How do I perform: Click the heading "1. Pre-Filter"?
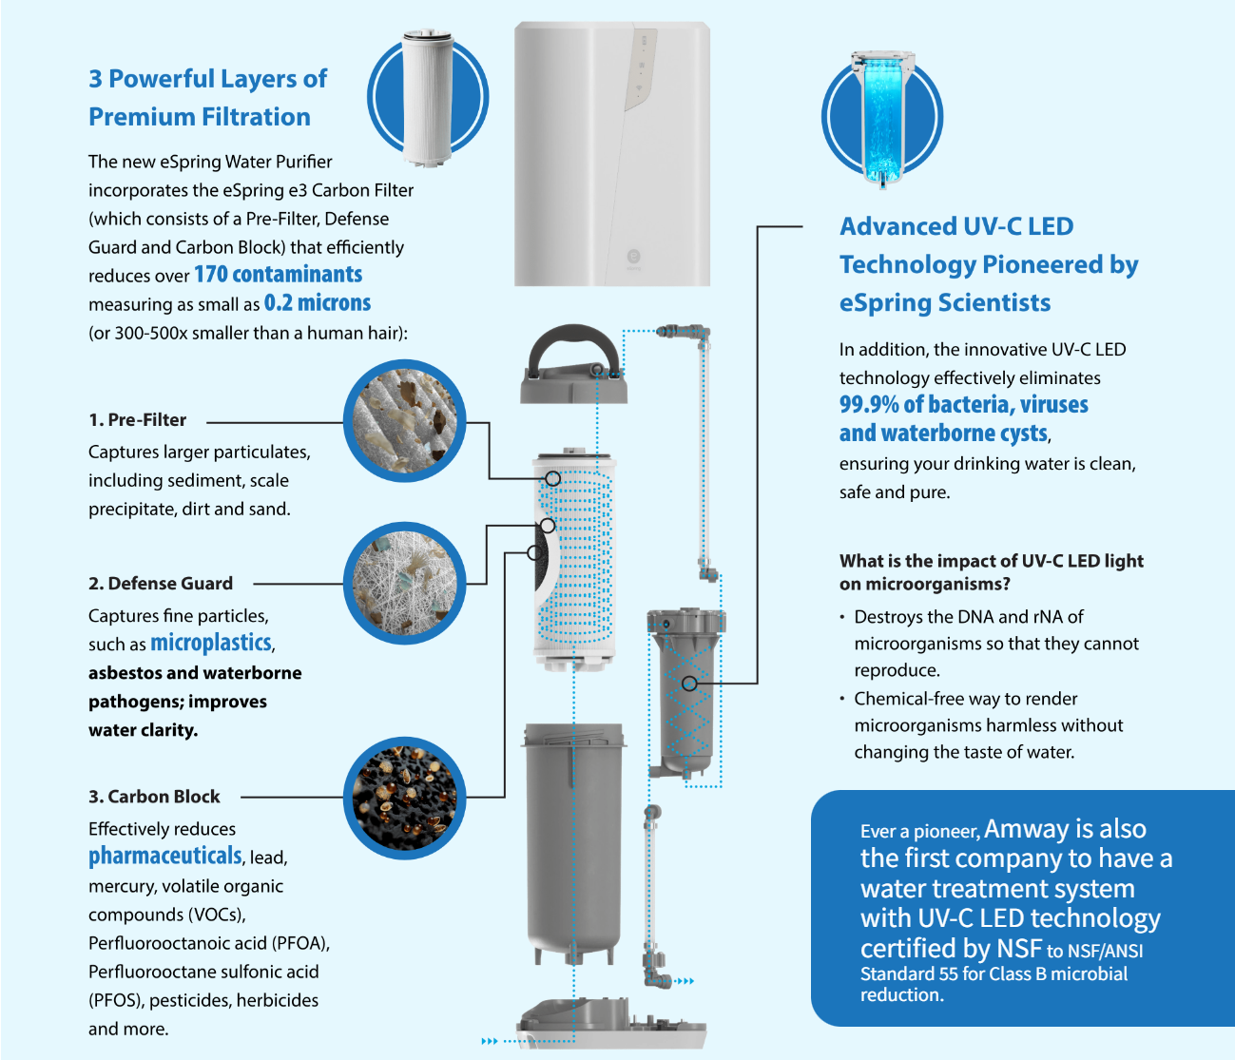point(138,420)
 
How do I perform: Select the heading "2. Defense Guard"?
point(161,583)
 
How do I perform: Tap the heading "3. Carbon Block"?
point(154,797)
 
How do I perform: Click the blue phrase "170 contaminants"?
point(279,274)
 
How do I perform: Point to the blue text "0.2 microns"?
point(318,303)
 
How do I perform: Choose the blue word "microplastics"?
point(211,643)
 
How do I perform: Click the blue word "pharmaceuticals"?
point(164,856)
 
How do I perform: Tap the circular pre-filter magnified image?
point(404,420)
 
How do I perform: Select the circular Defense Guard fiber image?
point(404,583)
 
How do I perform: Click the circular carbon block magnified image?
point(404,798)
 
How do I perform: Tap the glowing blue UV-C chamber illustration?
point(882,118)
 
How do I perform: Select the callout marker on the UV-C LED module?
point(689,684)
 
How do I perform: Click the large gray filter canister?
point(573,842)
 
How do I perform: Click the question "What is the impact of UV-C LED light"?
point(992,561)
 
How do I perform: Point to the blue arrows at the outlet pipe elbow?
point(685,981)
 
